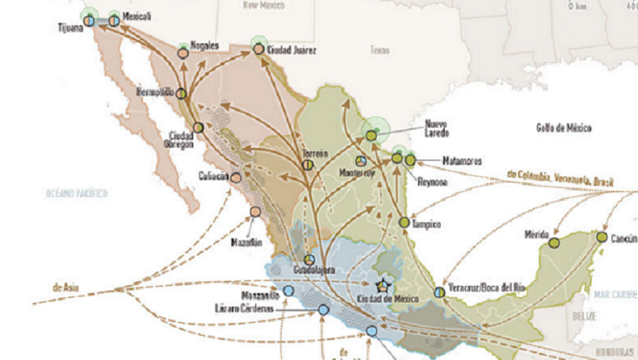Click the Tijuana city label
[70, 27]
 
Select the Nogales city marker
[182, 53]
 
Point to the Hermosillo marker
[181, 93]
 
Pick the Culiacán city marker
[237, 177]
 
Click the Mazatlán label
[248, 242]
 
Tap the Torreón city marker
[309, 165]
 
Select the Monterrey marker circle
[360, 160]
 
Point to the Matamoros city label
[460, 159]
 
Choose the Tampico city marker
[405, 222]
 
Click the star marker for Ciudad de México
[384, 285]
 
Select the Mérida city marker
[554, 243]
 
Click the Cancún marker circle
[601, 237]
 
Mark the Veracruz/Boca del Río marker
[439, 292]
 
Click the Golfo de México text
[563, 128]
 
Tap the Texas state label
[379, 50]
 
